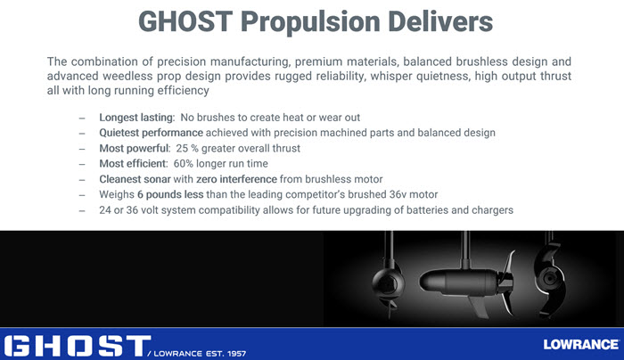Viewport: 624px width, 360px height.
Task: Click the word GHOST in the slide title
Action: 185,21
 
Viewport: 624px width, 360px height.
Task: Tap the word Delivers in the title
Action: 440,21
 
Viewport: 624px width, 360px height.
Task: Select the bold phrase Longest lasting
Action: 136,118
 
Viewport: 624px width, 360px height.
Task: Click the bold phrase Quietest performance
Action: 152,133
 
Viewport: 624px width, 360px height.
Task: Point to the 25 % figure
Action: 187,149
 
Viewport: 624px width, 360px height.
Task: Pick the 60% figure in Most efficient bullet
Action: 183,163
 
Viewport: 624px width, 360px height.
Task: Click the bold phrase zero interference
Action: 236,179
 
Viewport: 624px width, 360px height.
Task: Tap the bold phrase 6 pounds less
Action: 170,194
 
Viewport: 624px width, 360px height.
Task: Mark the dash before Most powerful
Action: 82,149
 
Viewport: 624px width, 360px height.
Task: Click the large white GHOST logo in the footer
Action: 78,346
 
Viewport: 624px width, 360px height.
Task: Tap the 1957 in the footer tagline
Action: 236,353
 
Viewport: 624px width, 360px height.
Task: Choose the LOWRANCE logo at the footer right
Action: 581,345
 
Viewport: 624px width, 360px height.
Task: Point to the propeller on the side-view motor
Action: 505,283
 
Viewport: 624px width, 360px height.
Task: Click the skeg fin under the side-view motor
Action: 478,306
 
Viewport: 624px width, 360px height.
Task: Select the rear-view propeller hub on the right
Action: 550,279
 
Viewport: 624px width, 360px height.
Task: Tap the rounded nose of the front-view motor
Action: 387,283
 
